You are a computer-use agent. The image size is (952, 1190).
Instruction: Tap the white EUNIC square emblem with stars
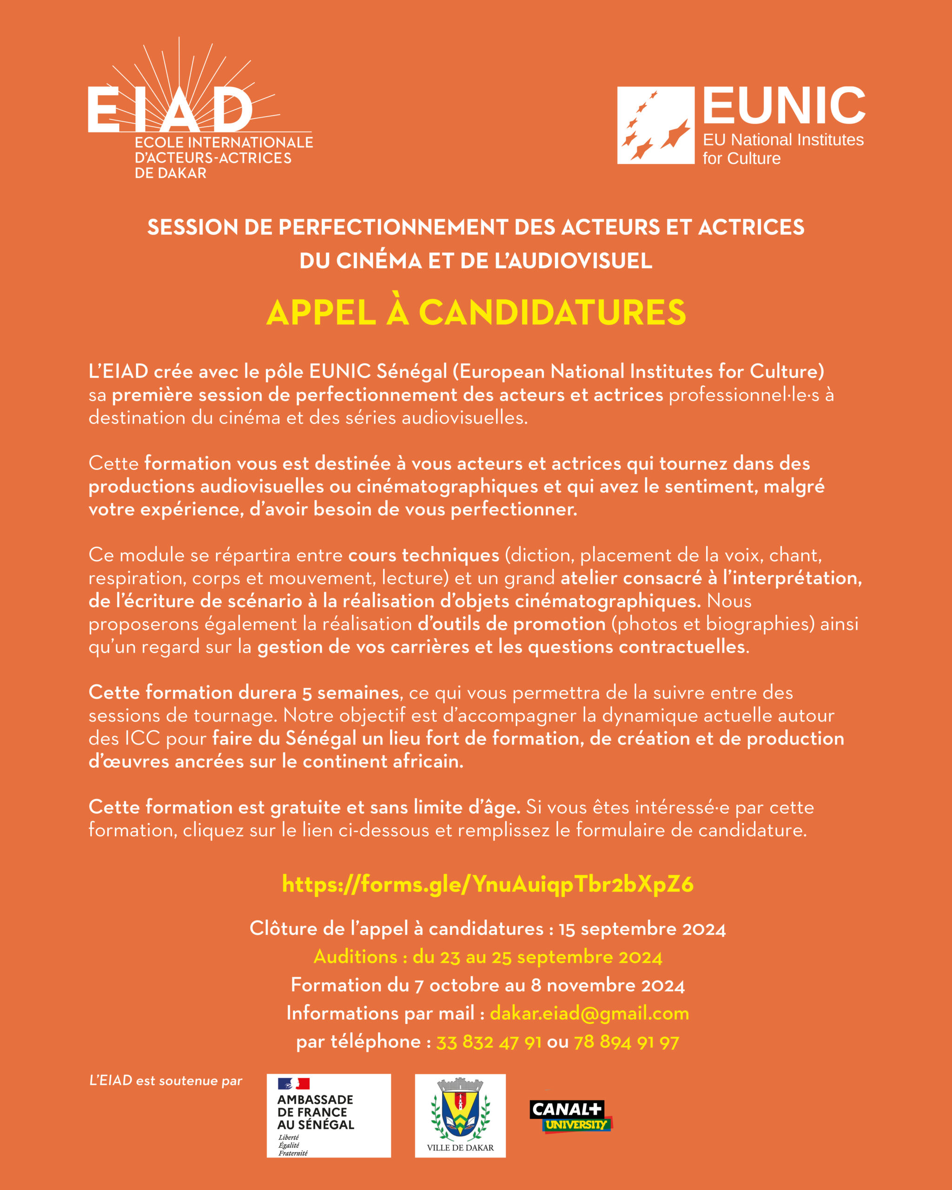(655, 126)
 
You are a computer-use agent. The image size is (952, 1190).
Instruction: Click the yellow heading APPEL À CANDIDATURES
(476, 312)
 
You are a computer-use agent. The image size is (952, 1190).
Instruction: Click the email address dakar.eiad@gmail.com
(589, 1013)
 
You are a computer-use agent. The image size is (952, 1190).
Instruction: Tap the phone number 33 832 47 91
(489, 1042)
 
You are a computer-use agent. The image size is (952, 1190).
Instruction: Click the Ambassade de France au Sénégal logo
(328, 1116)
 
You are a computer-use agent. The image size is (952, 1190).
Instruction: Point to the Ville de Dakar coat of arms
(460, 1110)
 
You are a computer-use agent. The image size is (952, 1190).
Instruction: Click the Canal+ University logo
(570, 1117)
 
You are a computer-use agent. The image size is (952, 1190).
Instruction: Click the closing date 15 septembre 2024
(642, 929)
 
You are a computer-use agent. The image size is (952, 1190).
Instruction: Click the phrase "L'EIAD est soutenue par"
(165, 1081)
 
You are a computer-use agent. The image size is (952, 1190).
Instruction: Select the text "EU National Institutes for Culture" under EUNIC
(783, 149)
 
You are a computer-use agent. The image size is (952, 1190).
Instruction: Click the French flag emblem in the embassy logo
(293, 1084)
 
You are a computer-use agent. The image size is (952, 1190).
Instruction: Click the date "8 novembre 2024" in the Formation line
(608, 985)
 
